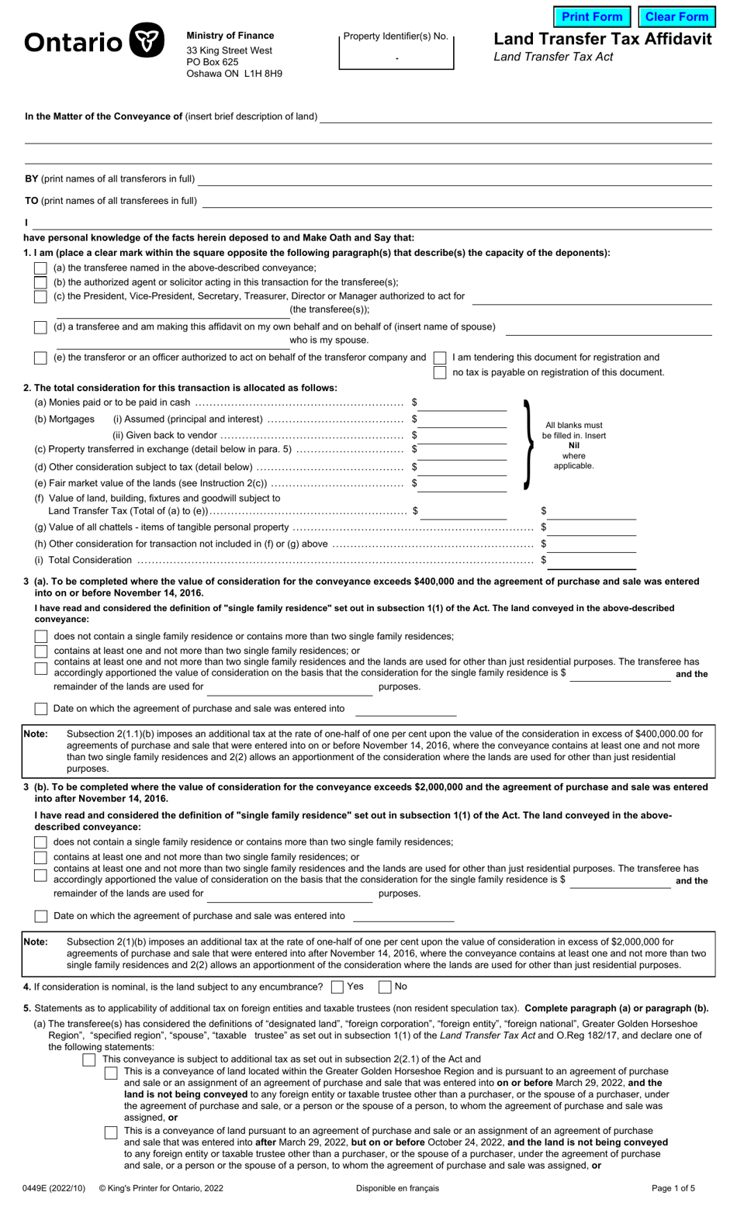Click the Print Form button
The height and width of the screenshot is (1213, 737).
point(592,17)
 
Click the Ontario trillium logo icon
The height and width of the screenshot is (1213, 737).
point(146,41)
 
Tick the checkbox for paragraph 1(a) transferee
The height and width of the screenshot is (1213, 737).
point(40,268)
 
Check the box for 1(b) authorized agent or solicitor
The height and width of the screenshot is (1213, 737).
point(40,282)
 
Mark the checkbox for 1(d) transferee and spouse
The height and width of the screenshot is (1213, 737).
point(40,327)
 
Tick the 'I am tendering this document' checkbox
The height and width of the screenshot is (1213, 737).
point(440,358)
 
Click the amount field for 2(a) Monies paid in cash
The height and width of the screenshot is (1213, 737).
point(463,403)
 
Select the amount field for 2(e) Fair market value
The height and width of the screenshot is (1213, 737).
point(463,484)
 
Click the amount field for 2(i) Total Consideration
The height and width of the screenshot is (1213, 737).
point(592,560)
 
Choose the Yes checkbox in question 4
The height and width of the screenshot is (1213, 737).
point(337,987)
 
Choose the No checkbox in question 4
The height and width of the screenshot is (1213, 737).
point(385,987)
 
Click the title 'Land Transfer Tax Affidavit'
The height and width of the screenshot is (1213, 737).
point(602,40)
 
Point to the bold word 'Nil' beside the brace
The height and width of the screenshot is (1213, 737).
point(573,446)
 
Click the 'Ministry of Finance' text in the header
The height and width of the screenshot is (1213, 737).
point(230,36)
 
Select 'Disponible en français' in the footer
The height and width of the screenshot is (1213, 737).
point(397,1188)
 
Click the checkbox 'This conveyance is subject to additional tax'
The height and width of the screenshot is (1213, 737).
point(89,1059)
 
